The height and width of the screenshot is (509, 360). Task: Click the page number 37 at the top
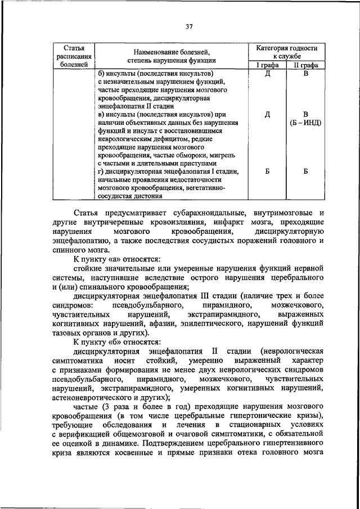[189, 25]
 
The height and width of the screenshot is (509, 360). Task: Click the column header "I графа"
[268, 65]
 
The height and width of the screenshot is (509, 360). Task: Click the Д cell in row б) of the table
[268, 74]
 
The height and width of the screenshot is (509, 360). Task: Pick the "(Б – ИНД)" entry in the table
[305, 122]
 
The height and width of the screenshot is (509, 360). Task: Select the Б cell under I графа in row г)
[268, 172]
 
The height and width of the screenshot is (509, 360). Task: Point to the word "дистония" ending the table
[148, 197]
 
